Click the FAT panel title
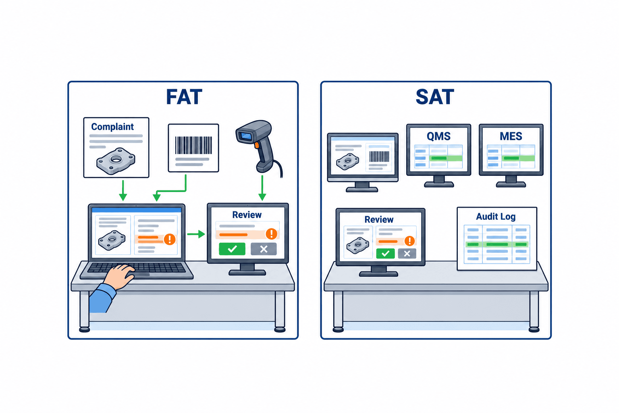tap(184, 97)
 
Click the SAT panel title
tap(435, 97)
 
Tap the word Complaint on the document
tap(112, 127)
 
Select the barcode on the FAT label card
tap(193, 145)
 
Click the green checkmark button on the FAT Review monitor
tap(232, 249)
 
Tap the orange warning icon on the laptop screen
tap(170, 239)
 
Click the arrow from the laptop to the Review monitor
tap(196, 234)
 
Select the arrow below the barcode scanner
tap(262, 188)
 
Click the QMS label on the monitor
tap(438, 136)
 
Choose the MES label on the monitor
tap(511, 136)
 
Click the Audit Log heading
tap(496, 217)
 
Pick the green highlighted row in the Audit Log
tap(497, 244)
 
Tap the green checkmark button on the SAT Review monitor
tap(386, 253)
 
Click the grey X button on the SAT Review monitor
tap(407, 253)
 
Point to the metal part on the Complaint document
tap(116, 161)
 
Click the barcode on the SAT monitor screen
tap(379, 156)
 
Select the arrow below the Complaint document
tap(123, 191)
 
